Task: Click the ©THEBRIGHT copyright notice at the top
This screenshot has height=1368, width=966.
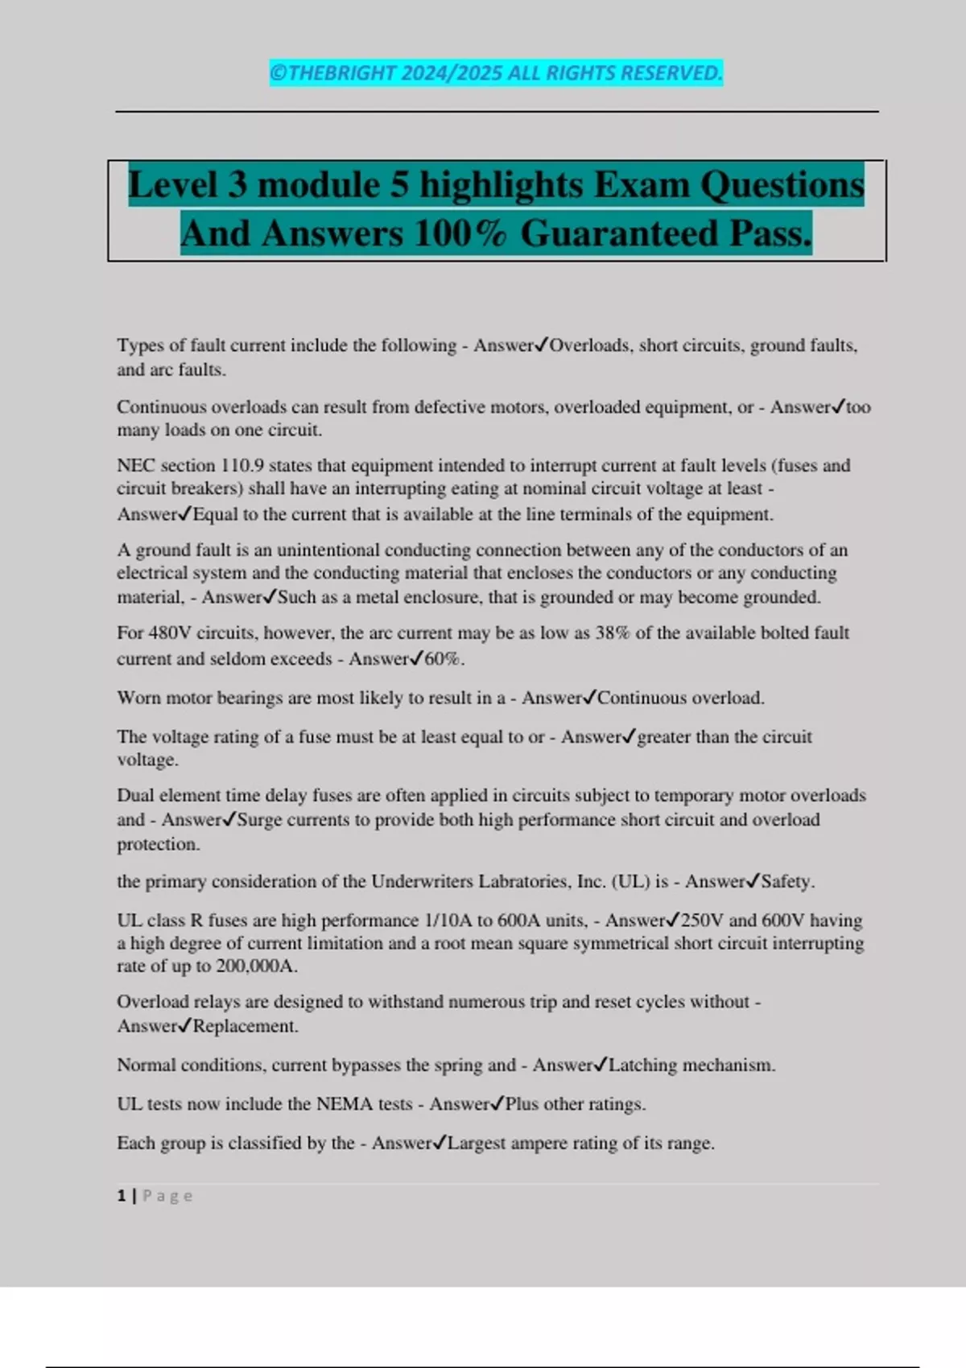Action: [x=496, y=73]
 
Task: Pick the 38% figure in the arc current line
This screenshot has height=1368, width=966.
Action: [x=613, y=633]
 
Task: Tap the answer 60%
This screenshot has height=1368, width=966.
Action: [x=444, y=659]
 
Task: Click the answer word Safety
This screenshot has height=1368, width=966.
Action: [x=786, y=882]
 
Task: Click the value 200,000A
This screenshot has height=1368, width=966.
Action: [x=256, y=966]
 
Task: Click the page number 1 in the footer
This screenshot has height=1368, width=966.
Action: [x=122, y=1197]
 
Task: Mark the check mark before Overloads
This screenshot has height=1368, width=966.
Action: [x=541, y=345]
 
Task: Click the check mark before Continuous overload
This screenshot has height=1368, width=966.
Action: [x=589, y=698]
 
